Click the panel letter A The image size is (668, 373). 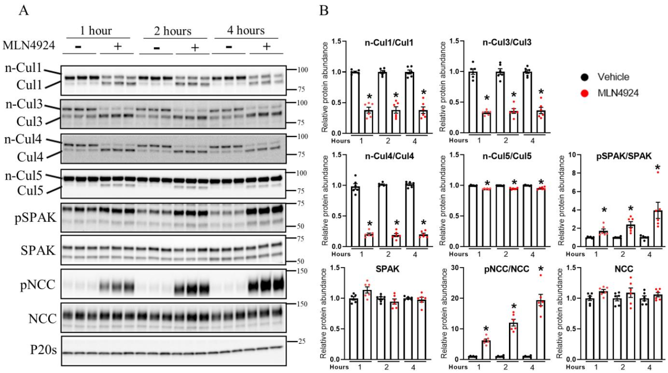pyautogui.click(x=23, y=10)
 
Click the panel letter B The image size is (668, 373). pyautogui.click(x=324, y=10)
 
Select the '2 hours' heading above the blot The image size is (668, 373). pyautogui.click(x=167, y=31)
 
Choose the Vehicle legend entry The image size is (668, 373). pyautogui.click(x=613, y=77)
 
